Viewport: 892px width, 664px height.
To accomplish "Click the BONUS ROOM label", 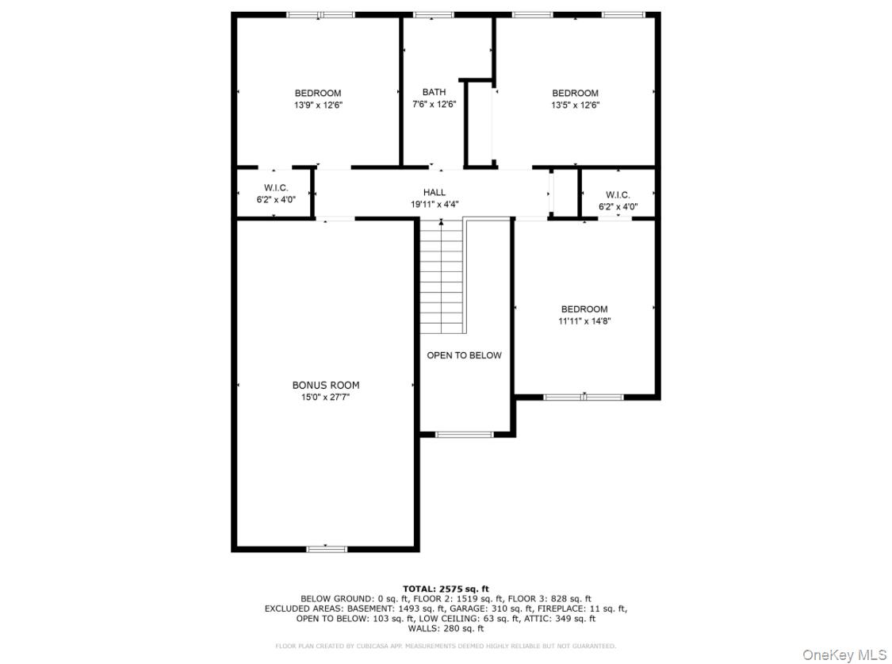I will tap(325, 386).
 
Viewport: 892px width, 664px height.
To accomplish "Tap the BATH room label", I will tap(434, 92).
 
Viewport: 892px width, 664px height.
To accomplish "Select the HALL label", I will tap(434, 192).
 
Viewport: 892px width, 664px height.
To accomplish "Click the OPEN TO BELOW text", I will tap(464, 355).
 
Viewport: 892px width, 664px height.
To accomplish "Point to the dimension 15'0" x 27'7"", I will tap(325, 397).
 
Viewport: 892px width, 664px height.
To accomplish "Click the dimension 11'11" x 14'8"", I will tap(584, 321).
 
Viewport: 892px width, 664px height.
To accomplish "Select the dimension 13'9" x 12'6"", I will tap(318, 105).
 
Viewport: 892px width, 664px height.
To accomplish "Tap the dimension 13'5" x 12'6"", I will tap(575, 105).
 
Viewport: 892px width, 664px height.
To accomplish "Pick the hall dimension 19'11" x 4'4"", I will tap(434, 204).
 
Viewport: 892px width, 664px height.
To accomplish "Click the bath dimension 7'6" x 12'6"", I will tap(434, 104).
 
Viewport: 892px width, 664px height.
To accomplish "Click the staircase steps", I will tap(441, 278).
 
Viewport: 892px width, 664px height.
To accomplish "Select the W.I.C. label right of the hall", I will tap(618, 194).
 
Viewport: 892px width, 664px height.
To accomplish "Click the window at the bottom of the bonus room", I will tap(327, 548).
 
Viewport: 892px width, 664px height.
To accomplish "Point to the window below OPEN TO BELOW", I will tap(465, 434).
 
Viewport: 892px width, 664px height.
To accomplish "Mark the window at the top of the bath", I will tap(434, 14).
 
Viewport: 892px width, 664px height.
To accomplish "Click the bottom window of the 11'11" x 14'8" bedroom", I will tap(584, 397).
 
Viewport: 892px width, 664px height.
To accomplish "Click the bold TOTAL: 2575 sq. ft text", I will tap(446, 589).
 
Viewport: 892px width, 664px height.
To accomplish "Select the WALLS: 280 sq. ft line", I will tap(446, 628).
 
